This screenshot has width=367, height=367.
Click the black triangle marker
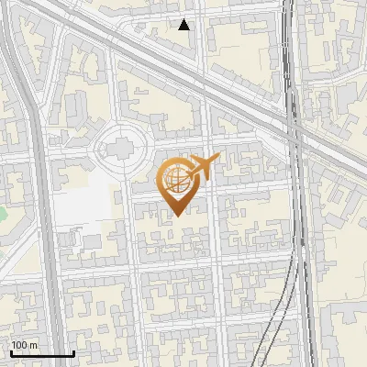point(184,25)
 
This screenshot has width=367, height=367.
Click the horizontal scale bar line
point(42,353)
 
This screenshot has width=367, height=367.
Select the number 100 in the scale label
point(19,346)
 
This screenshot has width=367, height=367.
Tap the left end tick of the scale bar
point(11,351)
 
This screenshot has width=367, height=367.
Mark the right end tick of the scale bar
point(73,351)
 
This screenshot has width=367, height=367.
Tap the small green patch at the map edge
point(2,215)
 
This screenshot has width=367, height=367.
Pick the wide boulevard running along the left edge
point(37,183)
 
